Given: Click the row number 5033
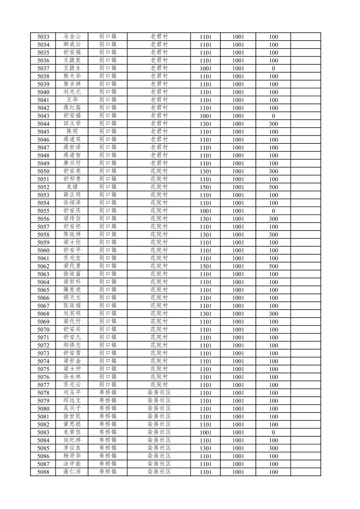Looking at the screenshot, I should coord(43,37).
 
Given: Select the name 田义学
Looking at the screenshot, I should coord(72,124).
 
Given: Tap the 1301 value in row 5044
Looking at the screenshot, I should coord(206,124).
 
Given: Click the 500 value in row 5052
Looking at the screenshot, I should coord(273,187).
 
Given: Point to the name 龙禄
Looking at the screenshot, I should coord(72,187).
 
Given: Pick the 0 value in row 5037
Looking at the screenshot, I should coord(273,69).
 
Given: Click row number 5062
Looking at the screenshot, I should coord(43,266).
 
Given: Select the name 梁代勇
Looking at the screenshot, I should coord(72,266).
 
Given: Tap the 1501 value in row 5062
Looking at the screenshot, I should coord(206,266).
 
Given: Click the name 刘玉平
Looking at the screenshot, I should coord(72,393).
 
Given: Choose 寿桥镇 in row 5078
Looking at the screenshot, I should coord(108,393).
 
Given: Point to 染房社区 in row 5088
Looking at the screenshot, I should coord(159,472).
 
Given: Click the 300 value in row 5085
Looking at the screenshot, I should coord(273,448).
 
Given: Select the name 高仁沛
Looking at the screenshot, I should coord(72,472).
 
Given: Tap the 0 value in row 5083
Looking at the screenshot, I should coord(273,433).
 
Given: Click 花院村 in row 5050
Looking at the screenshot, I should coord(159,171).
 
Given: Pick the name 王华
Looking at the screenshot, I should coord(72,100).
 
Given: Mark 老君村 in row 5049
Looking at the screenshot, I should coord(159,163).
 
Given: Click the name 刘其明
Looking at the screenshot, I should coord(72,314).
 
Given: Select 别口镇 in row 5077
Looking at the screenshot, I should coord(108,385).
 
